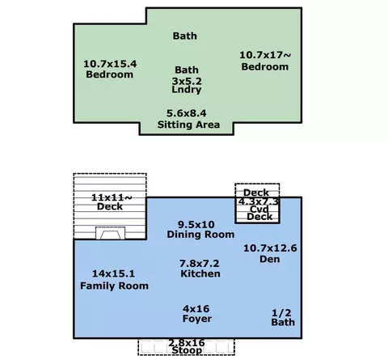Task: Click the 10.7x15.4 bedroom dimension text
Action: [x=110, y=64]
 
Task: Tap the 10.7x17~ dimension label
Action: [x=265, y=55]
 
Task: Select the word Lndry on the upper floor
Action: [x=187, y=90]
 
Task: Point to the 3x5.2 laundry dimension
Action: [x=187, y=81]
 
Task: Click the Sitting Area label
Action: [x=188, y=125]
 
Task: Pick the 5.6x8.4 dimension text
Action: [x=187, y=113]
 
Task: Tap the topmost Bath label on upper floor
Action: [x=185, y=36]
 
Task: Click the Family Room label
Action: [x=114, y=286]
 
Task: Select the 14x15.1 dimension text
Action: [x=113, y=273]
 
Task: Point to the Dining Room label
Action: [x=200, y=235]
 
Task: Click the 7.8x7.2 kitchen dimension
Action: [x=200, y=263]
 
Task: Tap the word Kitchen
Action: [x=200, y=273]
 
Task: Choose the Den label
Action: [x=269, y=259]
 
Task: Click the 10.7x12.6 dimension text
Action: [x=270, y=248]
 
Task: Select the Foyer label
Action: [x=197, y=319]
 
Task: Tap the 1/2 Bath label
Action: [x=283, y=317]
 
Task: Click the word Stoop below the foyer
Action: [x=187, y=350]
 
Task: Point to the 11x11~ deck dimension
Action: [x=112, y=197]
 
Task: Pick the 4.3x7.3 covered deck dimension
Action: [x=259, y=201]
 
